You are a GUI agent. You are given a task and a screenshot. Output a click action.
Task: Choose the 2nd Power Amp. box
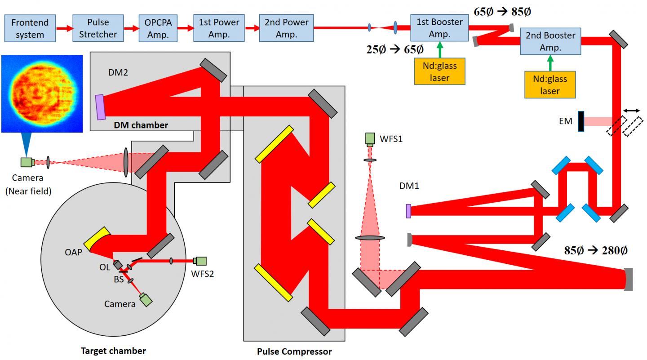click(286, 28)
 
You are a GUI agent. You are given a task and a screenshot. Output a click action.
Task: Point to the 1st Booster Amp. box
click(439, 28)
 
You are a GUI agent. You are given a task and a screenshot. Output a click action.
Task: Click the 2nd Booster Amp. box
click(550, 41)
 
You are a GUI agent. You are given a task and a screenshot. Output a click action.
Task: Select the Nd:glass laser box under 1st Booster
click(439, 71)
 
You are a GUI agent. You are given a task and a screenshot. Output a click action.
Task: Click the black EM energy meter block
click(581, 121)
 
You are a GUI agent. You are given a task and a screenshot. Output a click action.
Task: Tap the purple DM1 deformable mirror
click(408, 211)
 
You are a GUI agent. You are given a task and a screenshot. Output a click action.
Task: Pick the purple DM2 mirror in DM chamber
click(100, 107)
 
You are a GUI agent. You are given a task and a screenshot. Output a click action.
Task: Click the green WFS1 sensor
click(371, 139)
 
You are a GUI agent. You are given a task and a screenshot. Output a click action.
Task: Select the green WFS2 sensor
click(200, 261)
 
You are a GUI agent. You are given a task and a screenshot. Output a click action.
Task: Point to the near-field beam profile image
click(42, 93)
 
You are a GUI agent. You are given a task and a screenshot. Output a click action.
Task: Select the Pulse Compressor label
click(294, 351)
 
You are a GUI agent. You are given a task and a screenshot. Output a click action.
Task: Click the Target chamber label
click(113, 350)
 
